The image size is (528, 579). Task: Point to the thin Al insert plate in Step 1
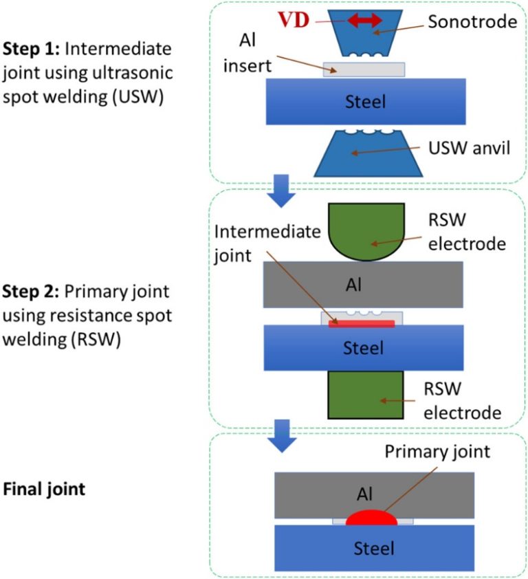pyautogui.click(x=364, y=69)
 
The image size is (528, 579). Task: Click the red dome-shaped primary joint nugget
pyautogui.click(x=371, y=518)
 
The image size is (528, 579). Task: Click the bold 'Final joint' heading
pyautogui.click(x=44, y=490)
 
